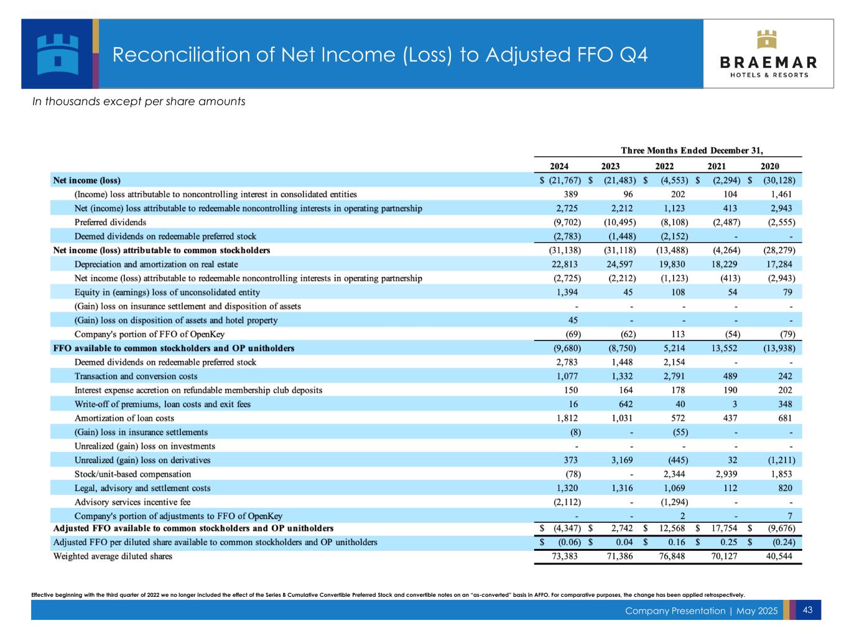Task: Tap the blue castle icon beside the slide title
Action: click(58, 54)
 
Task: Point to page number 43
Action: click(808, 610)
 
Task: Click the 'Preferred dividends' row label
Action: click(110, 222)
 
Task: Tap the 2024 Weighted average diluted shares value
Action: click(562, 556)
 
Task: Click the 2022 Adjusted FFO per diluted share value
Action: click(675, 542)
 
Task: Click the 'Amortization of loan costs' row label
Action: click(124, 418)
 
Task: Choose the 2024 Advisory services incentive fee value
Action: click(567, 502)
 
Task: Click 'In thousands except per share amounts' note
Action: click(139, 101)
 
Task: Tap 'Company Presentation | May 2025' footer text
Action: click(701, 611)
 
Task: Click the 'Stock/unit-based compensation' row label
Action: click(132, 474)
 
